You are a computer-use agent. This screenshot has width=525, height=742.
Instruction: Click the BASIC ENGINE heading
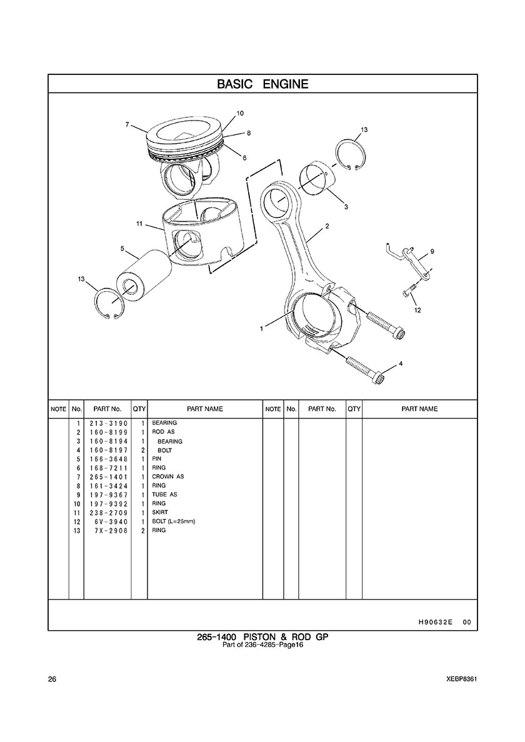(262, 84)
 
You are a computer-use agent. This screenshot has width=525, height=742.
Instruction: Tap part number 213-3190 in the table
(108, 423)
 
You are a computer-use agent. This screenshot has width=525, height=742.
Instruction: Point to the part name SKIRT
(159, 513)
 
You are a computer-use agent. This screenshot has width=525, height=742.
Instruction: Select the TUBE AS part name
(164, 495)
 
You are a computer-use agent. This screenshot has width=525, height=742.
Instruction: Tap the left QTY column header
(139, 409)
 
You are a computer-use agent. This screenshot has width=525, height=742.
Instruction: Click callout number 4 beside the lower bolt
(401, 364)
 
